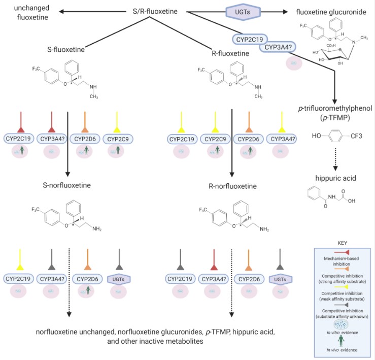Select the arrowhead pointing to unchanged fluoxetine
60,11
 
